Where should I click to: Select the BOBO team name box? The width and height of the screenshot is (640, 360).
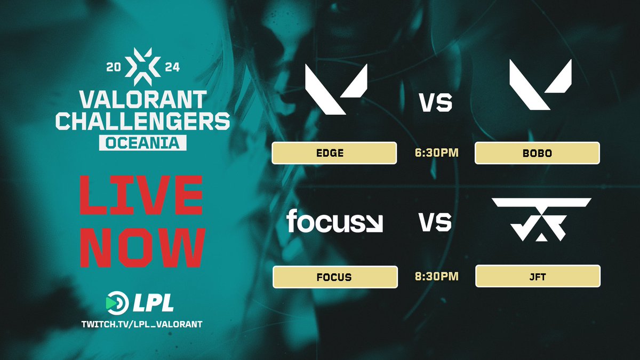pos(537,153)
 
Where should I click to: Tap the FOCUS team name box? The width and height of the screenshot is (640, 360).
pos(335,277)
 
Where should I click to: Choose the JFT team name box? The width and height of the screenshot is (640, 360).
pos(538,277)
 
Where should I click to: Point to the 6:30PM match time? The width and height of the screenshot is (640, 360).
pos(435,154)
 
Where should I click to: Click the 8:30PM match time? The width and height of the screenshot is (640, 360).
pos(435,277)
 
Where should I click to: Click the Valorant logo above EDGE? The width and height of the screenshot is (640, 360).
pos(336,88)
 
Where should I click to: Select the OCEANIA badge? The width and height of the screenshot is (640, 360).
pos(142,143)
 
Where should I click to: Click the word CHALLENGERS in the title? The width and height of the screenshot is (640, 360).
pos(142,122)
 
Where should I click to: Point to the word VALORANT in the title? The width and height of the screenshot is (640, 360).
pos(142,99)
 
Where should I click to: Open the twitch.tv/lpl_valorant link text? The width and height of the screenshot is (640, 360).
pos(142,324)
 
